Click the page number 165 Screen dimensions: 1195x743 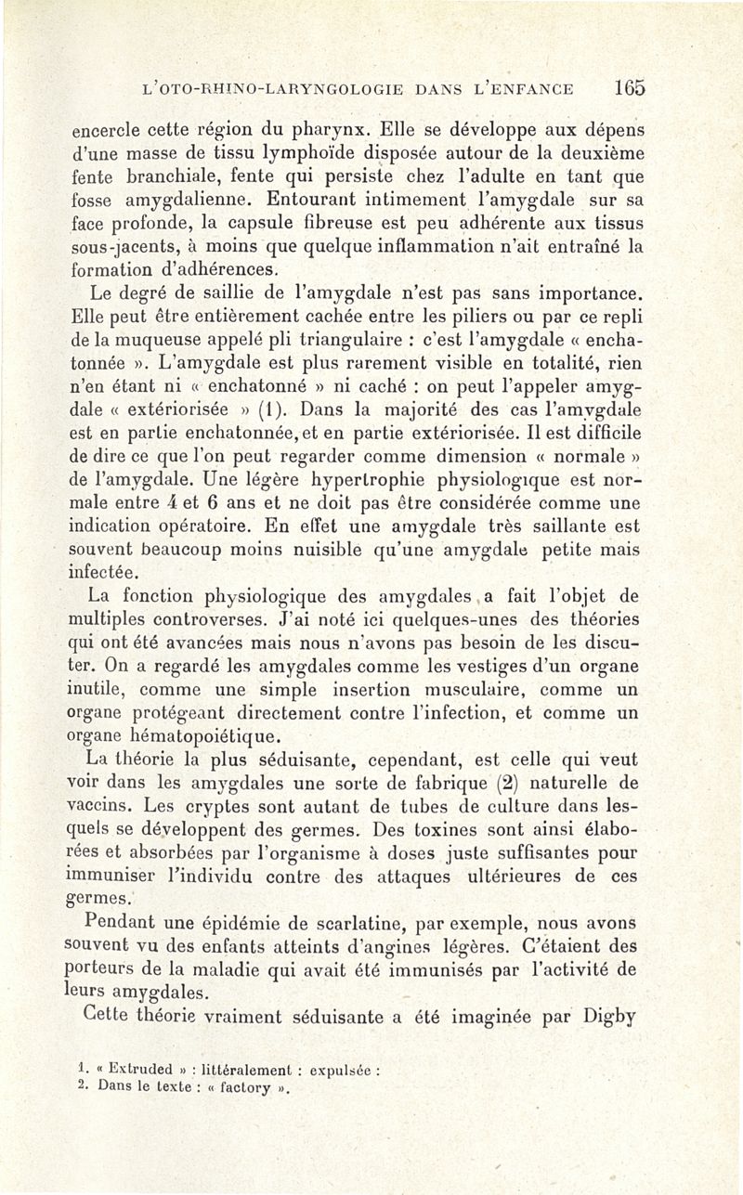point(629,89)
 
